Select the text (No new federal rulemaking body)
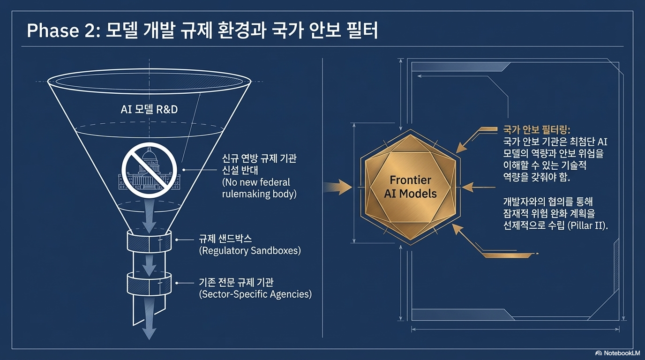(x=259, y=187)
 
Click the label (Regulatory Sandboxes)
(x=249, y=250)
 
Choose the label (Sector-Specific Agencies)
(x=255, y=294)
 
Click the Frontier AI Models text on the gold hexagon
(x=411, y=187)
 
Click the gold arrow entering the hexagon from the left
(x=338, y=188)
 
